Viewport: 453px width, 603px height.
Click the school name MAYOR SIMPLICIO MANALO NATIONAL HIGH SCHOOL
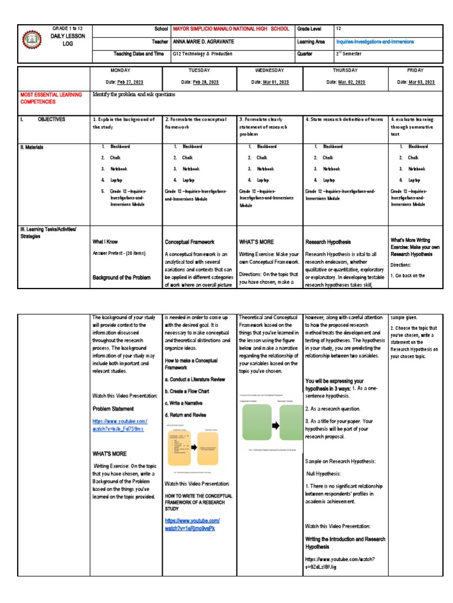pyautogui.click(x=231, y=29)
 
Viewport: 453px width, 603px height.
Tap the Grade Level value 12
pyautogui.click(x=338, y=29)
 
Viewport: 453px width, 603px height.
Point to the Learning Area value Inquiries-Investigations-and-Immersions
pyautogui.click(x=375, y=42)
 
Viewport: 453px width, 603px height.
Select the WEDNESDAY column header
pyautogui.click(x=269, y=69)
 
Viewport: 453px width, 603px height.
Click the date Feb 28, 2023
pyautogui.click(x=199, y=82)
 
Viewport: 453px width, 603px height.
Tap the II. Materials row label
pyautogui.click(x=35, y=147)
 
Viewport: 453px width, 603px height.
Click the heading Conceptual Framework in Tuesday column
pyautogui.click(x=189, y=242)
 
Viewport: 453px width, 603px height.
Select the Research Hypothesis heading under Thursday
pyautogui.click(x=327, y=242)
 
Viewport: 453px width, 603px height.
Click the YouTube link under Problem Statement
pyautogui.click(x=120, y=425)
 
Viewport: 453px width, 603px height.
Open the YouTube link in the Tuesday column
pyautogui.click(x=192, y=525)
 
